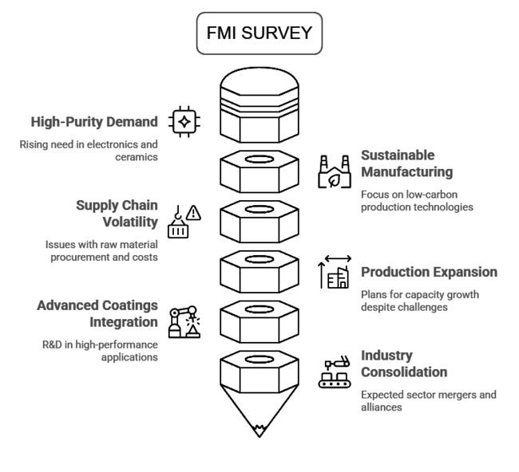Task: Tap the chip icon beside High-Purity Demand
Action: tap(185, 123)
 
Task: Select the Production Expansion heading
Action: tap(430, 272)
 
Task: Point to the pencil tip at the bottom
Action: tap(259, 431)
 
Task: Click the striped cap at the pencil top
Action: tap(259, 98)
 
